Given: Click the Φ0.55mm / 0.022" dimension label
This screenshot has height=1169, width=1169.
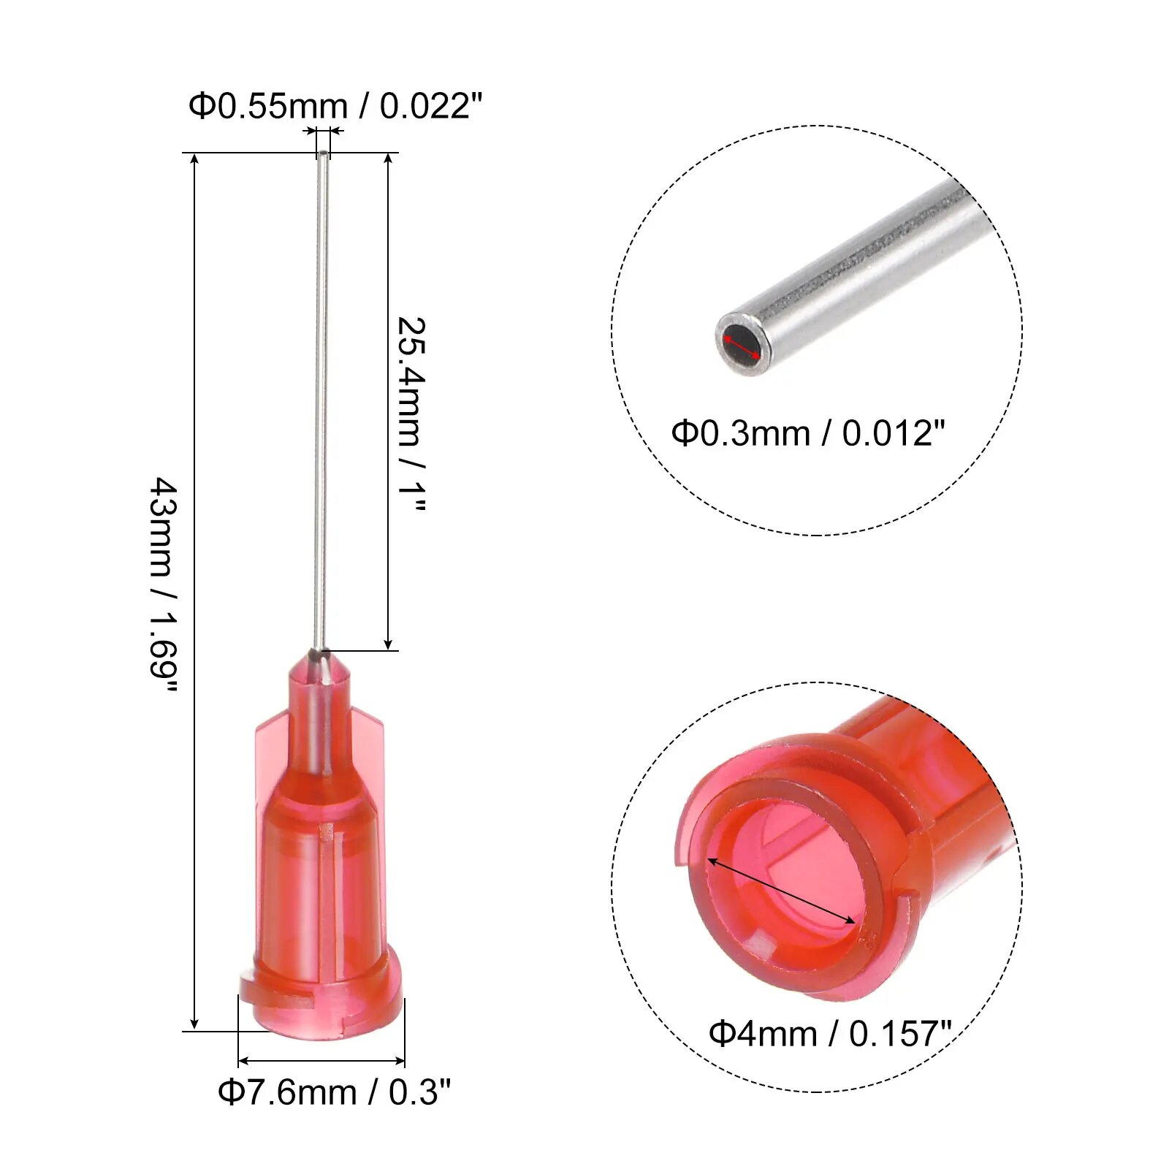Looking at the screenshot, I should (x=335, y=107).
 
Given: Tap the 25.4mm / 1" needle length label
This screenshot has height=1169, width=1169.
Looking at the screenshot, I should (x=411, y=414).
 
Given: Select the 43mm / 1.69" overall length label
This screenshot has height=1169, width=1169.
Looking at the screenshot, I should (x=164, y=587).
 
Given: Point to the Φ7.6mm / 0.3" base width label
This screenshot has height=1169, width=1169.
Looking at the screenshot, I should (x=335, y=1092).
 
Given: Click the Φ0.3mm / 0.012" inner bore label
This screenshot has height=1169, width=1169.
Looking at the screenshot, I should (x=808, y=433).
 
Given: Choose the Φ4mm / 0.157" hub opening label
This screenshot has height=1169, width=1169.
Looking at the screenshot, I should (x=830, y=1034).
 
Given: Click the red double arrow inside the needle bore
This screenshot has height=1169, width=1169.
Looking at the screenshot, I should (x=742, y=343).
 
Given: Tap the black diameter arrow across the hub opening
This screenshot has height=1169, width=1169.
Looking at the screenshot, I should (x=781, y=891).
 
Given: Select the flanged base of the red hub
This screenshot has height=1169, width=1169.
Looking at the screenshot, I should (x=321, y=1005).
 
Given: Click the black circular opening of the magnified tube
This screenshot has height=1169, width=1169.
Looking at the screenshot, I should (x=742, y=343).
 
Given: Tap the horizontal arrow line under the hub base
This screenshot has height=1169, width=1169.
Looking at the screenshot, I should (x=321, y=1061).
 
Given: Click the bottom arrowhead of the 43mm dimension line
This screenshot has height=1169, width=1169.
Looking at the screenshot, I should (x=194, y=1023).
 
